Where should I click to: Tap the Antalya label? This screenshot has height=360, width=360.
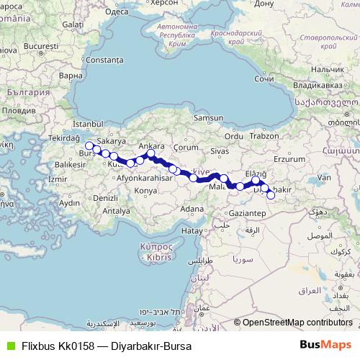(116, 211)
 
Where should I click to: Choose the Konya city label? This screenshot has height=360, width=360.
(146, 190)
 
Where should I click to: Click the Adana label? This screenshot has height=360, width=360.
(192, 208)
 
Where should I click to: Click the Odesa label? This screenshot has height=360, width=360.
(117, 12)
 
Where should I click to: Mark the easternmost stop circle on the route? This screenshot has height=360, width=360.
(271, 194)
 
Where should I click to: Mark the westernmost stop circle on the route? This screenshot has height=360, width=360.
(89, 145)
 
